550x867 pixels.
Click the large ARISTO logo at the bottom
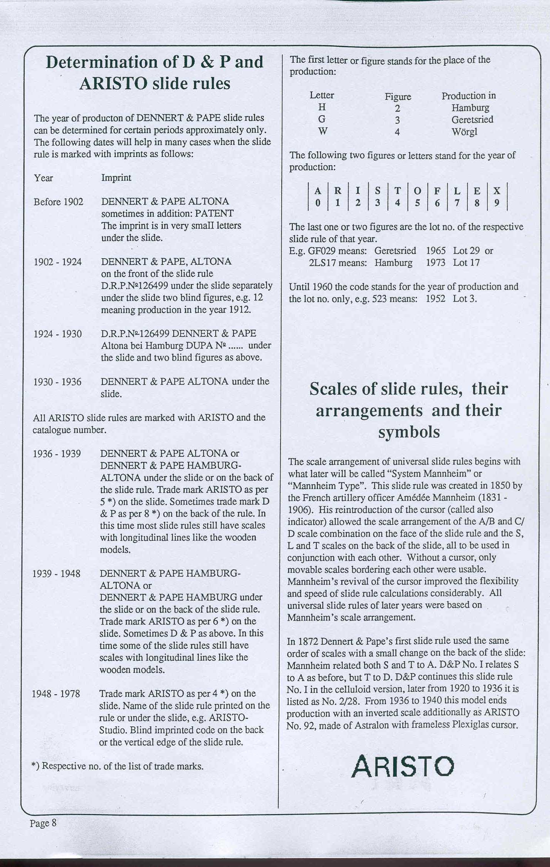pos(403,766)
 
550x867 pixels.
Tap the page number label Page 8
pos(43,823)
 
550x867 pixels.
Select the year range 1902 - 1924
pos(58,262)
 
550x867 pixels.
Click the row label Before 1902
pos(58,202)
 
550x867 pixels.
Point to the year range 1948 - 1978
pos(56,694)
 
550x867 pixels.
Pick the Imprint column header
pos(116,178)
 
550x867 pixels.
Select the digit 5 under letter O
pos(417,203)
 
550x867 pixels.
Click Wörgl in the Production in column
pos(464,132)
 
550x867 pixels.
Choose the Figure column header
pos(398,97)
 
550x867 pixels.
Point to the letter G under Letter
pos(322,119)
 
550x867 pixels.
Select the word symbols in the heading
pos(409,432)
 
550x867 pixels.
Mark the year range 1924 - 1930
pos(58,334)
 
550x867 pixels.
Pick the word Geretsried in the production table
pos(472,120)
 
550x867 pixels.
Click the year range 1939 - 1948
pos(56,574)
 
